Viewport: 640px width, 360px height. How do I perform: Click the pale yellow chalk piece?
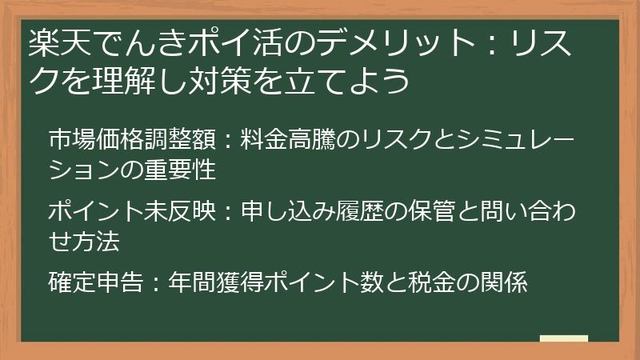pos(563,338)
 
